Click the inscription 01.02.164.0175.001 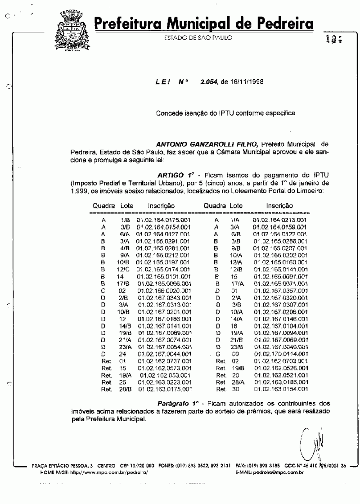pos(163,220)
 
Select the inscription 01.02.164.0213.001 pos(279,220)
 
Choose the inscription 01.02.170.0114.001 pos(279,354)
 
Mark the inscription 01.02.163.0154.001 pos(279,389)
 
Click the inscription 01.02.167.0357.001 pos(279,291)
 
